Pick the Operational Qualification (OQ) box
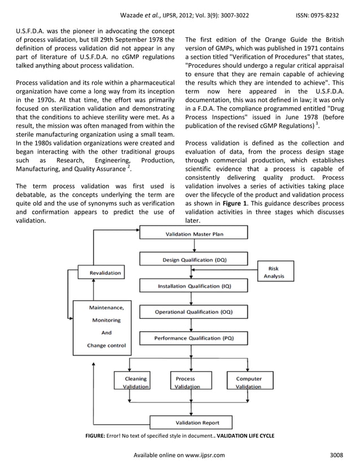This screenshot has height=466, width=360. pos(194,312)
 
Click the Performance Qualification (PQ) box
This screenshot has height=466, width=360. pos(194,338)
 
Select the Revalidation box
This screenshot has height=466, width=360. pos(106,273)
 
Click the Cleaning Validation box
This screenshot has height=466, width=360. pos(135,383)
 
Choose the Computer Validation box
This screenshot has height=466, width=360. pos(248,383)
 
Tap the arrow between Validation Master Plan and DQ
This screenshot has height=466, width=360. pos(193,247)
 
